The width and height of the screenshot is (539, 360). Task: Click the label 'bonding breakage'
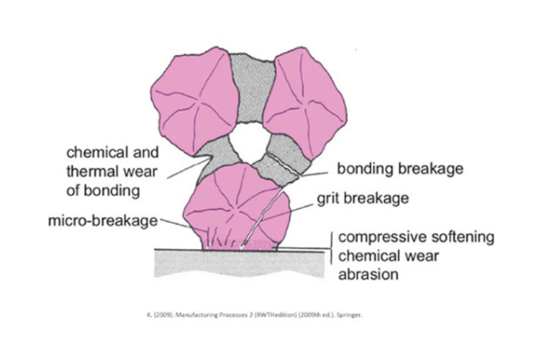(x=400, y=169)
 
